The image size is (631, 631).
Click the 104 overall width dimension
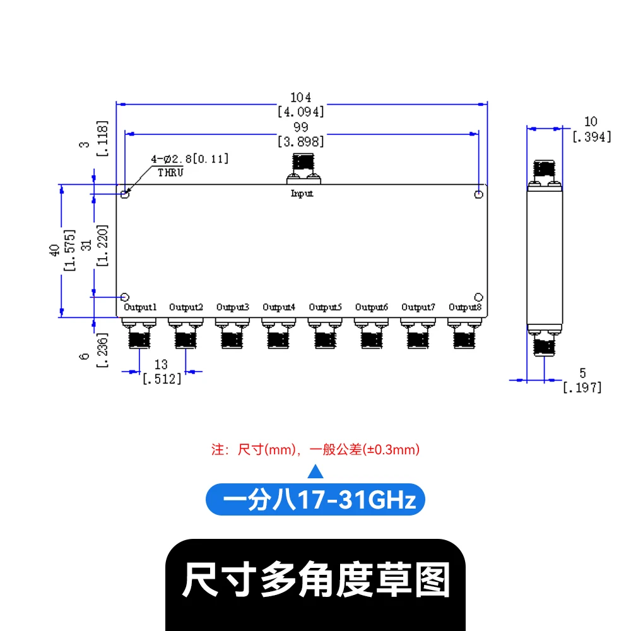coord(301,98)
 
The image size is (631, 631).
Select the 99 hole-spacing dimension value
coord(301,128)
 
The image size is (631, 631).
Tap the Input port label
coord(302,193)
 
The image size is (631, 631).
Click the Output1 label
coord(140,307)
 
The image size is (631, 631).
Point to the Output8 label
coord(465,307)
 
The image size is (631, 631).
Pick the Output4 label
coord(279,307)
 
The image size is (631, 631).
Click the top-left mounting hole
coord(125,194)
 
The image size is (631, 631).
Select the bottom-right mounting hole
coord(479,297)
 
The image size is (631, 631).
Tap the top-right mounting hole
coord(479,194)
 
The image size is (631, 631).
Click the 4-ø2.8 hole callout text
coord(189,159)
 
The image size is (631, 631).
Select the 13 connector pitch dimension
coord(161,365)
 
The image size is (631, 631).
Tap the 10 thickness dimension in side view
coord(591,122)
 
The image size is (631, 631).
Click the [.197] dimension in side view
coord(582,387)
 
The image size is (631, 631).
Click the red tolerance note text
coord(315,450)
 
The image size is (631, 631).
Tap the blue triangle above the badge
coord(315,471)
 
